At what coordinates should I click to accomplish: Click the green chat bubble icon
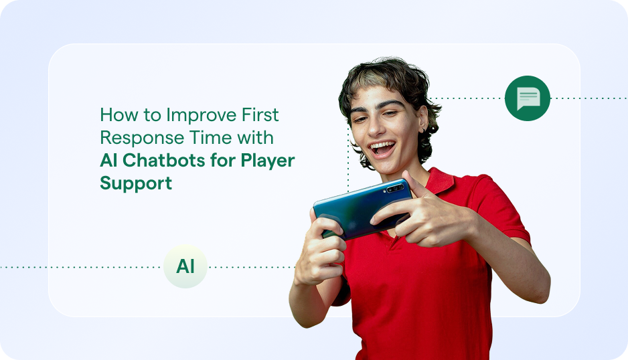point(528,98)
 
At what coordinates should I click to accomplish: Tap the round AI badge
point(185,266)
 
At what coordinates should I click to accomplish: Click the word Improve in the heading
point(202,115)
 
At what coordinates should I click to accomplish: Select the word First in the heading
point(259,115)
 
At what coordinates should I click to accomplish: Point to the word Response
point(138,138)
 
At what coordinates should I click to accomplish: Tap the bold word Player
point(266,161)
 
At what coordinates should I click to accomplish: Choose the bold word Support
point(136,183)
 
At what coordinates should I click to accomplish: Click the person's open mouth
point(383,147)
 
